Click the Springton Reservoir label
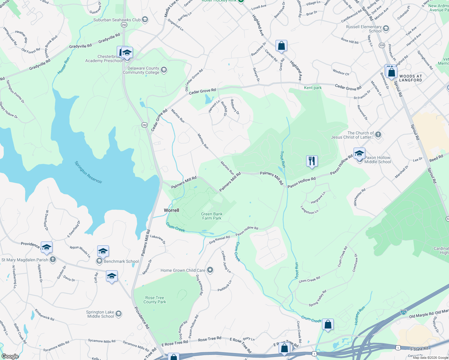pos(88,172)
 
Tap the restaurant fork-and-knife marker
pos(312,161)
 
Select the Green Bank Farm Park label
pos(212,216)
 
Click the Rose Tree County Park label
pos(155,300)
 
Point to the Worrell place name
pos(171,210)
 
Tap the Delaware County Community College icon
pos(164,70)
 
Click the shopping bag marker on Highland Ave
pos(281,46)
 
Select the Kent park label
pos(313,88)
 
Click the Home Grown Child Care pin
pos(210,270)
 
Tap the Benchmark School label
pos(121,261)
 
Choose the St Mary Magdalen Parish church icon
pos(53,259)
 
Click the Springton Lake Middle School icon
pos(119,314)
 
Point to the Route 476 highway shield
pos(404,312)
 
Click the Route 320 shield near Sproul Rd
pos(382,45)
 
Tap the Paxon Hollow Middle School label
pos(377,160)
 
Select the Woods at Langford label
pos(410,78)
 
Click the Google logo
pos(10,356)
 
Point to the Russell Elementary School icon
pos(386,28)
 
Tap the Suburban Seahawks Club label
pos(117,20)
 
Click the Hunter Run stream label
pos(64,66)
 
